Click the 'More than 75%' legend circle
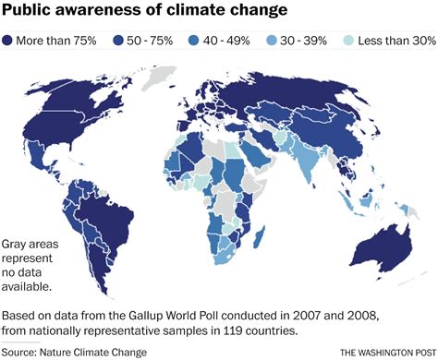[10, 41]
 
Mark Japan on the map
[381, 131]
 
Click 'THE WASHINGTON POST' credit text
[385, 352]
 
